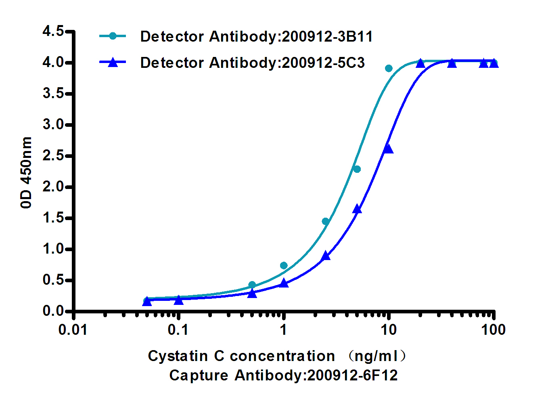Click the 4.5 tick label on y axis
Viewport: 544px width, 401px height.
coord(53,31)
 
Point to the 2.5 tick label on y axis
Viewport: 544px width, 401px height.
coord(53,156)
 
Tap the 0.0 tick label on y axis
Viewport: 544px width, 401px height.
coord(53,311)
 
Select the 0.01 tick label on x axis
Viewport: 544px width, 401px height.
coord(73,330)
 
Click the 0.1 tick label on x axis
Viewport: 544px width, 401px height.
coord(178,330)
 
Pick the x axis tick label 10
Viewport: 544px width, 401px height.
coord(388,330)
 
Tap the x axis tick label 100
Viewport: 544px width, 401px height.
coord(493,330)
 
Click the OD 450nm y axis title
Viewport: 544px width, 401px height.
coord(26,172)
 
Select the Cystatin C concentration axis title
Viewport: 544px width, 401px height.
coord(241,356)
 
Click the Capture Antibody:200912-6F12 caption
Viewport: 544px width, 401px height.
coord(283,375)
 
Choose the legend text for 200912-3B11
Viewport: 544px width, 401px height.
coord(256,37)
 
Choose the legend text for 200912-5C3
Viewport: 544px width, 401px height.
coord(252,63)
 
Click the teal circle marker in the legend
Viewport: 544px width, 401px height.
coord(113,36)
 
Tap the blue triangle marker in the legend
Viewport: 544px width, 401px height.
coord(113,63)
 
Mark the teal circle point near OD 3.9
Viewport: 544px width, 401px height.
coord(389,68)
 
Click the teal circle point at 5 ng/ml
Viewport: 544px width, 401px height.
coord(357,169)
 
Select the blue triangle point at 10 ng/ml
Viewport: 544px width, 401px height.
coord(388,149)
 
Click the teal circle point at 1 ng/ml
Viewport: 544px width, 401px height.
coord(284,265)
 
